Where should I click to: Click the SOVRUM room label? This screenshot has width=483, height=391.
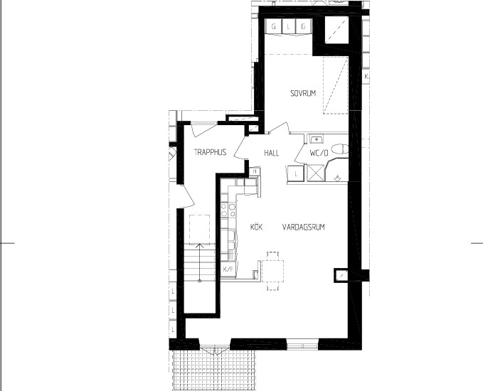point(303,93)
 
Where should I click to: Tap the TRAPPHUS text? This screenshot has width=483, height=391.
point(210,152)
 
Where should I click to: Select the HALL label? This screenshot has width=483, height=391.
point(272,153)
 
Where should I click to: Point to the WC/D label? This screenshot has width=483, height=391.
point(319,153)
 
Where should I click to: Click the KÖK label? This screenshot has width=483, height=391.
point(256,227)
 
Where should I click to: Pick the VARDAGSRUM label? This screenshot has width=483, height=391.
point(304,227)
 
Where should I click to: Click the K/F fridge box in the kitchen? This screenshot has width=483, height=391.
point(228,269)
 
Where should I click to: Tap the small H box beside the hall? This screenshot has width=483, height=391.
point(255,171)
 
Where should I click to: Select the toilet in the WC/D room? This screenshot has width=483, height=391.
point(341,149)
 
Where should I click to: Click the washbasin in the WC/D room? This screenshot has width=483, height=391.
point(316,139)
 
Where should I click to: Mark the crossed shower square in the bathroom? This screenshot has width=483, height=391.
point(316,173)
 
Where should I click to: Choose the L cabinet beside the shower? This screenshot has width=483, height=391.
point(296,174)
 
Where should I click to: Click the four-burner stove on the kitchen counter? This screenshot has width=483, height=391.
point(228,210)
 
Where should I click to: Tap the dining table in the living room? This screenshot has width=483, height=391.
point(272,271)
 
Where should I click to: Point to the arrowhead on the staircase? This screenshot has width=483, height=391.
point(200,246)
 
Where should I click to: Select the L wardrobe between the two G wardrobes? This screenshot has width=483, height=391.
point(288,27)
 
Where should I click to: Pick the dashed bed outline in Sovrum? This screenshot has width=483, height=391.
point(336,85)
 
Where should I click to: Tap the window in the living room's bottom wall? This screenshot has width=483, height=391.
point(302,344)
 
